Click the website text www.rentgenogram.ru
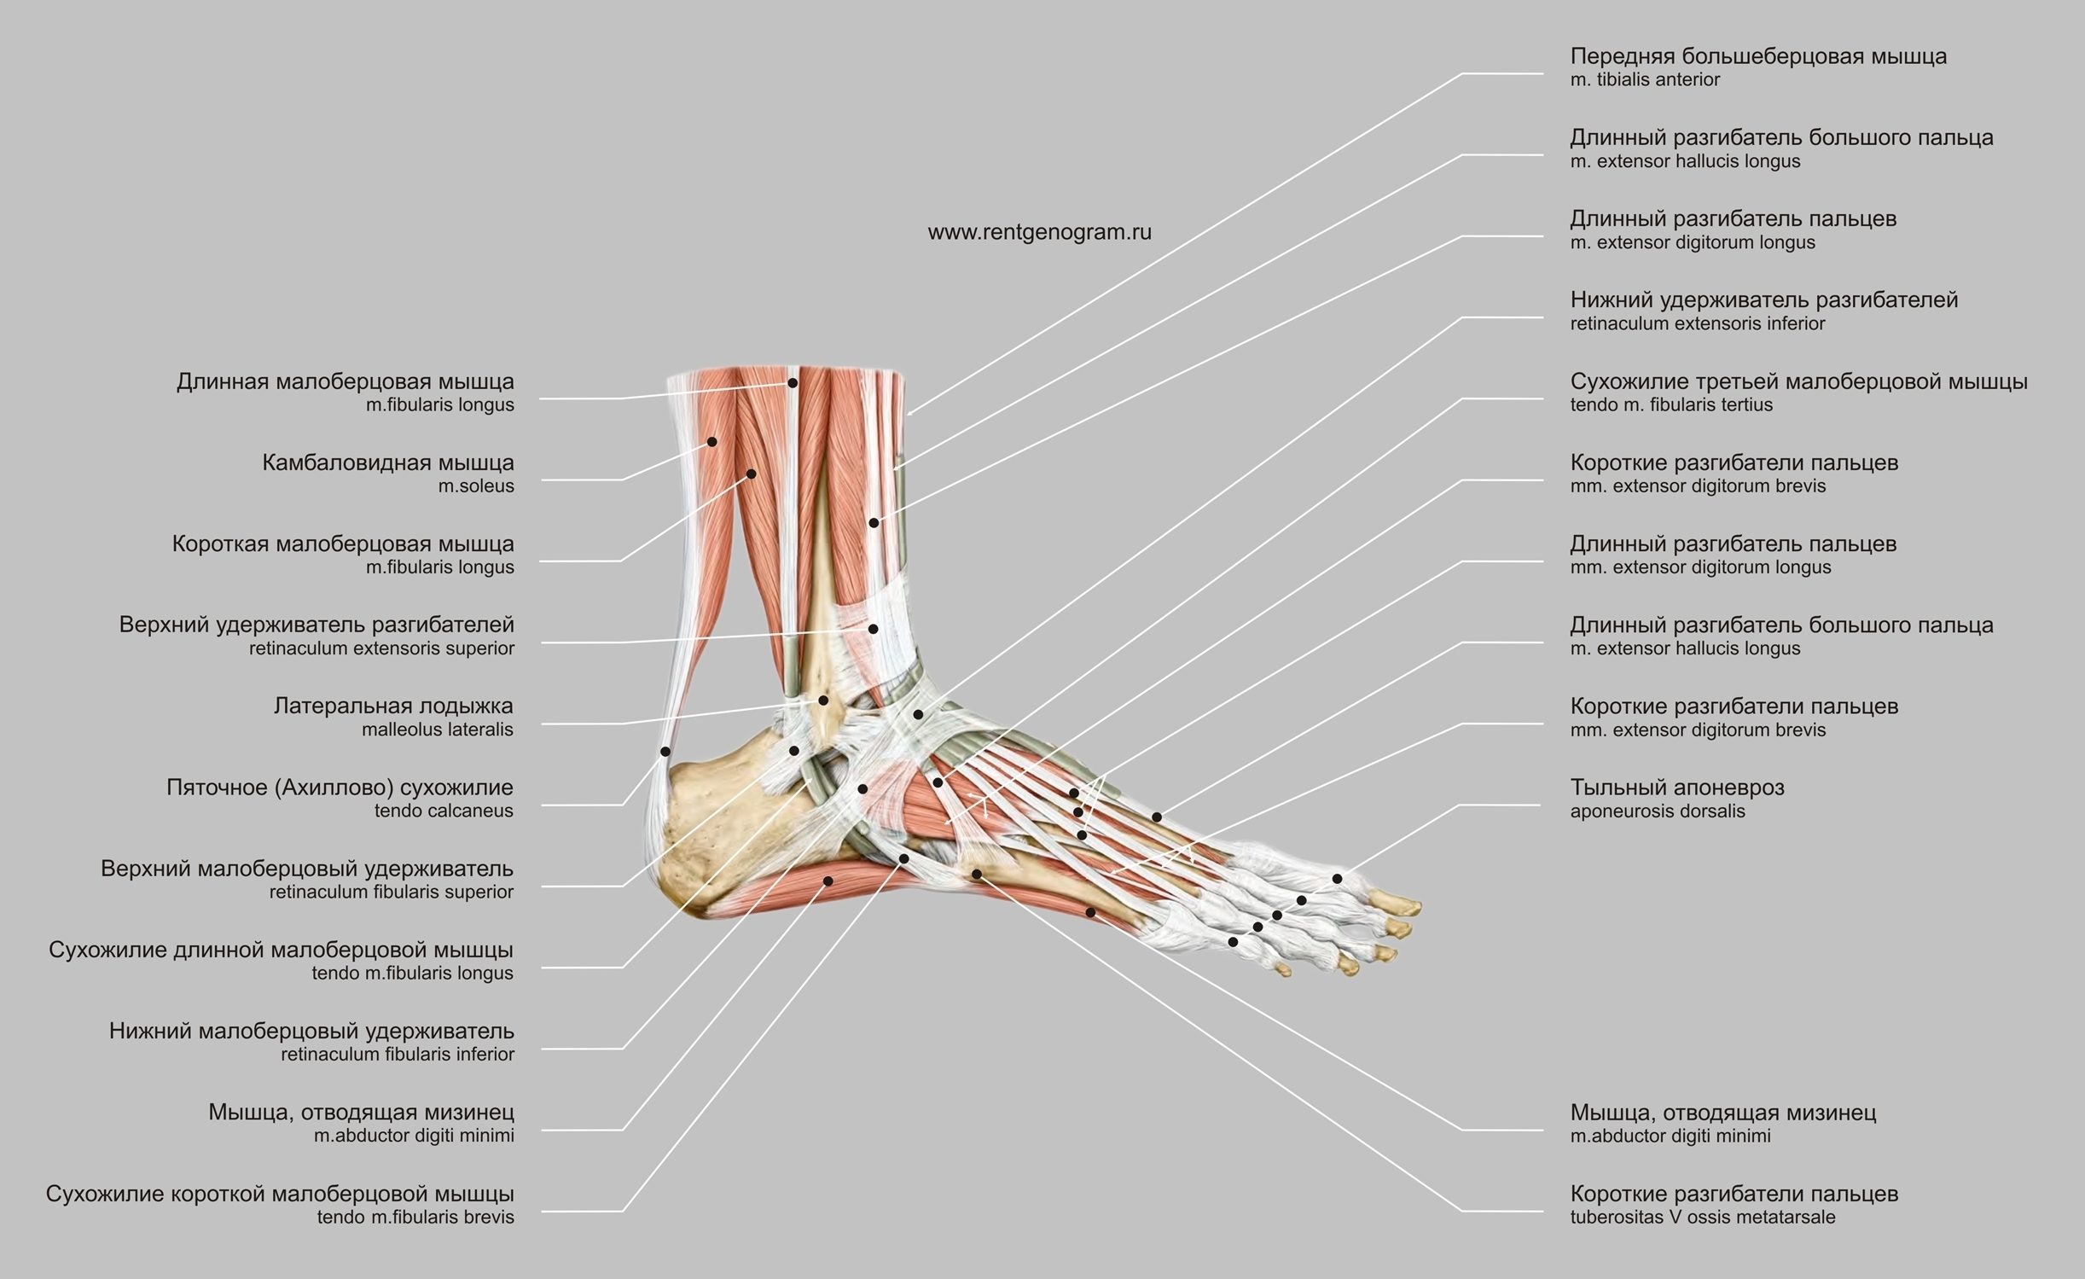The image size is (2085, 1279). [1039, 232]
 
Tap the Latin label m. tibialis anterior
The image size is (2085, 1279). [1645, 79]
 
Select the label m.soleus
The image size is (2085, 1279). [476, 486]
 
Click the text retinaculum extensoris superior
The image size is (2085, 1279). [381, 648]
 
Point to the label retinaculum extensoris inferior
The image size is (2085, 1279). [1697, 323]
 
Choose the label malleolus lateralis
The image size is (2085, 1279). [437, 730]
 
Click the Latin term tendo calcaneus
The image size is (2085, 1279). [444, 811]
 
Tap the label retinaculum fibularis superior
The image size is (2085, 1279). [391, 892]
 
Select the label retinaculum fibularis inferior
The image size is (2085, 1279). [398, 1054]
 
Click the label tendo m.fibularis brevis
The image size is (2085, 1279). [415, 1217]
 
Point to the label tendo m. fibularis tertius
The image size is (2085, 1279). [1671, 404]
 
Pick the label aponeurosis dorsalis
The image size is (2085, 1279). [1657, 811]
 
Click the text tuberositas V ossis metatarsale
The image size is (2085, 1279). [1702, 1217]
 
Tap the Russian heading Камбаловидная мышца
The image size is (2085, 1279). [388, 463]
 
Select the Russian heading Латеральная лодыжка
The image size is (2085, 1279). [393, 706]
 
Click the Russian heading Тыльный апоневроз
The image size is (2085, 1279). [1676, 788]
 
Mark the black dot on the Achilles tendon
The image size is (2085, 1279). [665, 752]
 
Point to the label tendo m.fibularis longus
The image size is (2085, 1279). [412, 973]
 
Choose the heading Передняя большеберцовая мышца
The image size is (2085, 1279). [1758, 56]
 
